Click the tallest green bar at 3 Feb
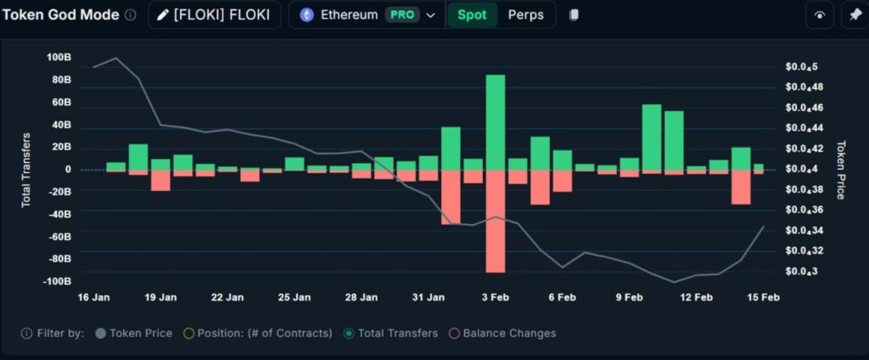(x=496, y=121)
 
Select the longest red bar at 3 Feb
(x=496, y=221)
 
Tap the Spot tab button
(x=472, y=15)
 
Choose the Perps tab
(x=525, y=15)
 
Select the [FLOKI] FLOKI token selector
(x=214, y=15)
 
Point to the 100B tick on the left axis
(x=59, y=58)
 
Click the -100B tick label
(x=57, y=281)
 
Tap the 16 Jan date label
(x=93, y=297)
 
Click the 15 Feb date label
(x=763, y=297)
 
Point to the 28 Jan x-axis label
(x=362, y=297)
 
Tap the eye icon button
(x=819, y=15)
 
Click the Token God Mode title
(x=61, y=15)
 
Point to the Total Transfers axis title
(x=26, y=170)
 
